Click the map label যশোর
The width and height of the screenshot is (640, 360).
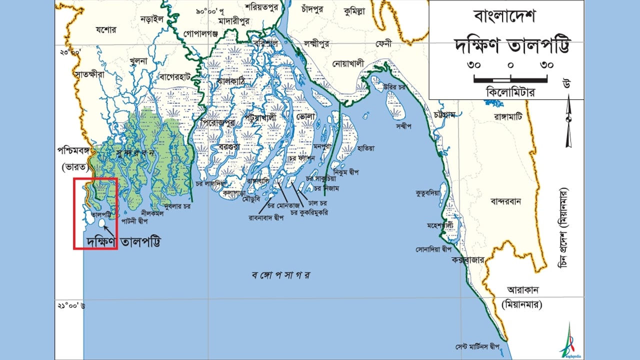point(105,30)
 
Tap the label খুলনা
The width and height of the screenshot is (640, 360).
point(137,61)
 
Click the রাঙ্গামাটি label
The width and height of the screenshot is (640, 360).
point(507,116)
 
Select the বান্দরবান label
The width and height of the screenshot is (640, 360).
point(506,202)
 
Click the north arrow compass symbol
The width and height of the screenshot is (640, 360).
point(568,120)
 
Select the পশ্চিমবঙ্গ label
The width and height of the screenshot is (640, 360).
point(75,150)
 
